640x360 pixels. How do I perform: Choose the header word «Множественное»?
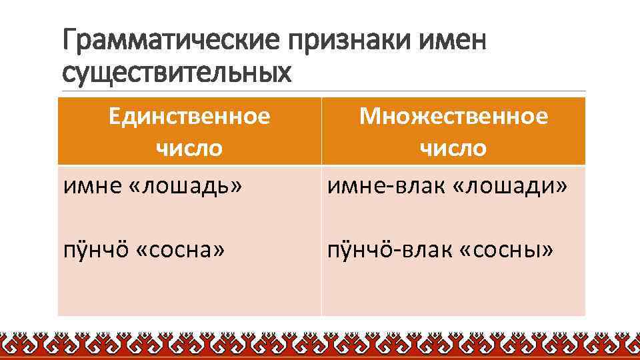(x=453, y=117)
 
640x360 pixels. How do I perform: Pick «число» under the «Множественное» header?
(x=453, y=147)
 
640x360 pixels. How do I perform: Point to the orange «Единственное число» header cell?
(x=189, y=131)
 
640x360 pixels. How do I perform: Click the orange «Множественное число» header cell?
(x=453, y=131)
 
